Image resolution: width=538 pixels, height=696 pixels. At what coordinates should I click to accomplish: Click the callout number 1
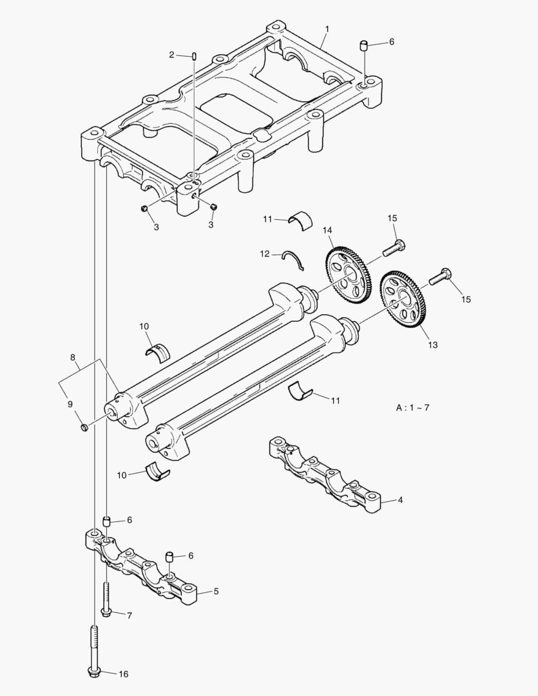point(327,29)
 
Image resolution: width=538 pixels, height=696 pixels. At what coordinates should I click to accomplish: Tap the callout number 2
point(172,55)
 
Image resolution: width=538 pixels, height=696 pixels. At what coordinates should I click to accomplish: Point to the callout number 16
point(124,674)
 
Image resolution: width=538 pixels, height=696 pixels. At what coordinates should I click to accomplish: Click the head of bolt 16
point(94,672)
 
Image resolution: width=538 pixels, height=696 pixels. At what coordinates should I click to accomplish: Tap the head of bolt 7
point(106,612)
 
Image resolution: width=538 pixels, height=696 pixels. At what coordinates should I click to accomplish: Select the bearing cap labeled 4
point(322,474)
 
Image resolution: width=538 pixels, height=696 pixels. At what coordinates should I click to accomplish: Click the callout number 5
point(216,591)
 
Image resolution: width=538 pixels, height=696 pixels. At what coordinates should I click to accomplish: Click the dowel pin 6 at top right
point(364,45)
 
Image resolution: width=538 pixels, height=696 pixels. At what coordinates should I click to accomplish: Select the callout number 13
point(432,345)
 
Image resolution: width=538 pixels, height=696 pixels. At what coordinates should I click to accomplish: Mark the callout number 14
point(327,230)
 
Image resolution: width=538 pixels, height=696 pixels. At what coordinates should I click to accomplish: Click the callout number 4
point(400,499)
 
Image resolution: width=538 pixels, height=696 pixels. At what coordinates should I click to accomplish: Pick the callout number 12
point(265,254)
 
